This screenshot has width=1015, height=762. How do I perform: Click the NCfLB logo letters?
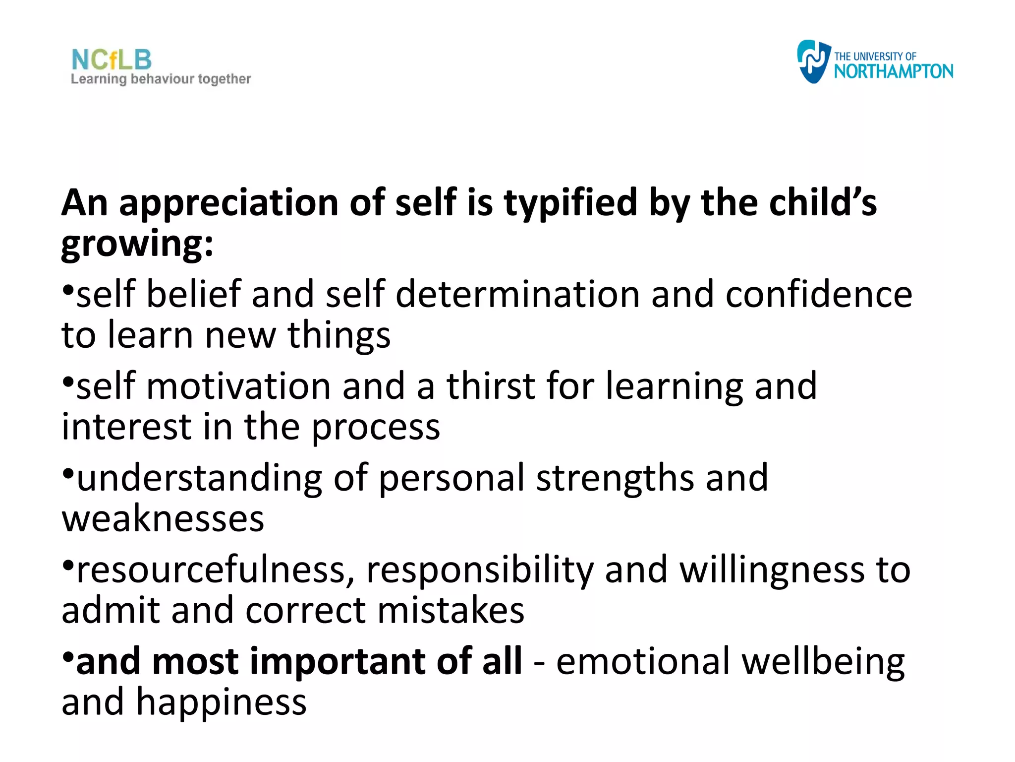click(112, 60)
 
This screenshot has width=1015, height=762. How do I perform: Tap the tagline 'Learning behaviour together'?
click(161, 79)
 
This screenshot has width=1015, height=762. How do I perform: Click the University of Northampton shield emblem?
click(813, 62)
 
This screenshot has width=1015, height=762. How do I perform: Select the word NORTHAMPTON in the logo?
click(893, 71)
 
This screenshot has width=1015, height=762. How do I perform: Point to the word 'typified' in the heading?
click(570, 203)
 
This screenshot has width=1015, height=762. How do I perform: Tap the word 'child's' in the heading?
click(823, 203)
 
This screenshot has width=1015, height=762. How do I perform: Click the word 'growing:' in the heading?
click(137, 244)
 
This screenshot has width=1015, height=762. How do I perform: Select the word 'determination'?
click(517, 294)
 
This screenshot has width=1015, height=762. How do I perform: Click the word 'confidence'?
click(819, 294)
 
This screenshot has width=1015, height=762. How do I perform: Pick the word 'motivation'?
click(238, 386)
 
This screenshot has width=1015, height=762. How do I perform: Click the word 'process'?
click(375, 428)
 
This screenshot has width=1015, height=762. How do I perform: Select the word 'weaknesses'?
click(163, 519)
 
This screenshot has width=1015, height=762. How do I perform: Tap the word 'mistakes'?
click(451, 611)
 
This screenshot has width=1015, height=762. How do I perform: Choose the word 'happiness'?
click(221, 703)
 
